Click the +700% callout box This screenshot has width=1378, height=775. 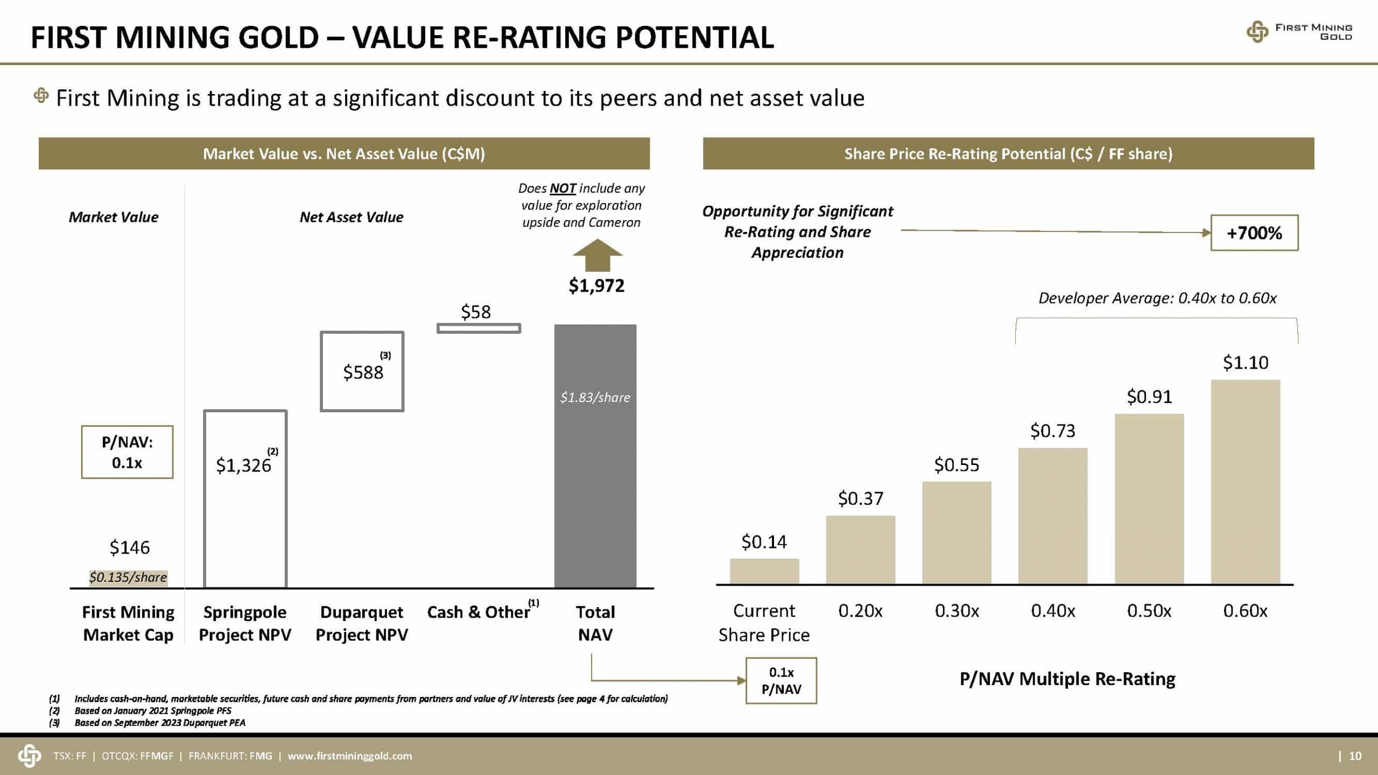1254,232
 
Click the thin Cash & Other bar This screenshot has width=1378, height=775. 479,328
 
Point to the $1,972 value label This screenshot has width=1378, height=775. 596,286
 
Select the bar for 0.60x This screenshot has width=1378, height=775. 1245,482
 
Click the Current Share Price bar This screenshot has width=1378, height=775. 764,572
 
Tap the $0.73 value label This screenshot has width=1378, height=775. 1052,431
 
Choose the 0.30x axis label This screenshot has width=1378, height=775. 957,611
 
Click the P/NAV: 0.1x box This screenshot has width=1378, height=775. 127,452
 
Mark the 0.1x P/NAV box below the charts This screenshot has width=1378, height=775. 781,681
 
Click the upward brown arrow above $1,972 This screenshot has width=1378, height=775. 597,256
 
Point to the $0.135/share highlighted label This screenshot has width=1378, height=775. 128,577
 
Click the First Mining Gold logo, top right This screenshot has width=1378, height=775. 1299,32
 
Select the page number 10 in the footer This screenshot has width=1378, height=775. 1355,756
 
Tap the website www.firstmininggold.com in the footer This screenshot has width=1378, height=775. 350,756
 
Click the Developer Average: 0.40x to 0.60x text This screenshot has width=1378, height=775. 1157,298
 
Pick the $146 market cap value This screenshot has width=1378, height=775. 129,548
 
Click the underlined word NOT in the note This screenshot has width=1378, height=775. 563,188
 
